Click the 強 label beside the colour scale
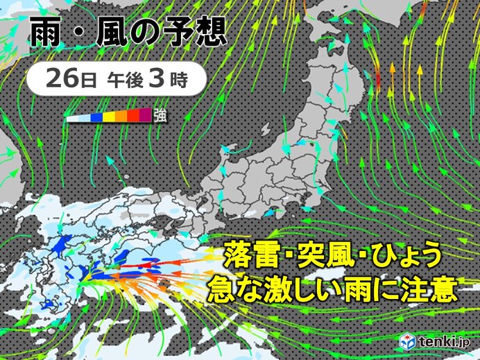[x=160, y=116]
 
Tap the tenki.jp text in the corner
[x=445, y=341]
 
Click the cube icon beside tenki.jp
[x=408, y=341]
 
